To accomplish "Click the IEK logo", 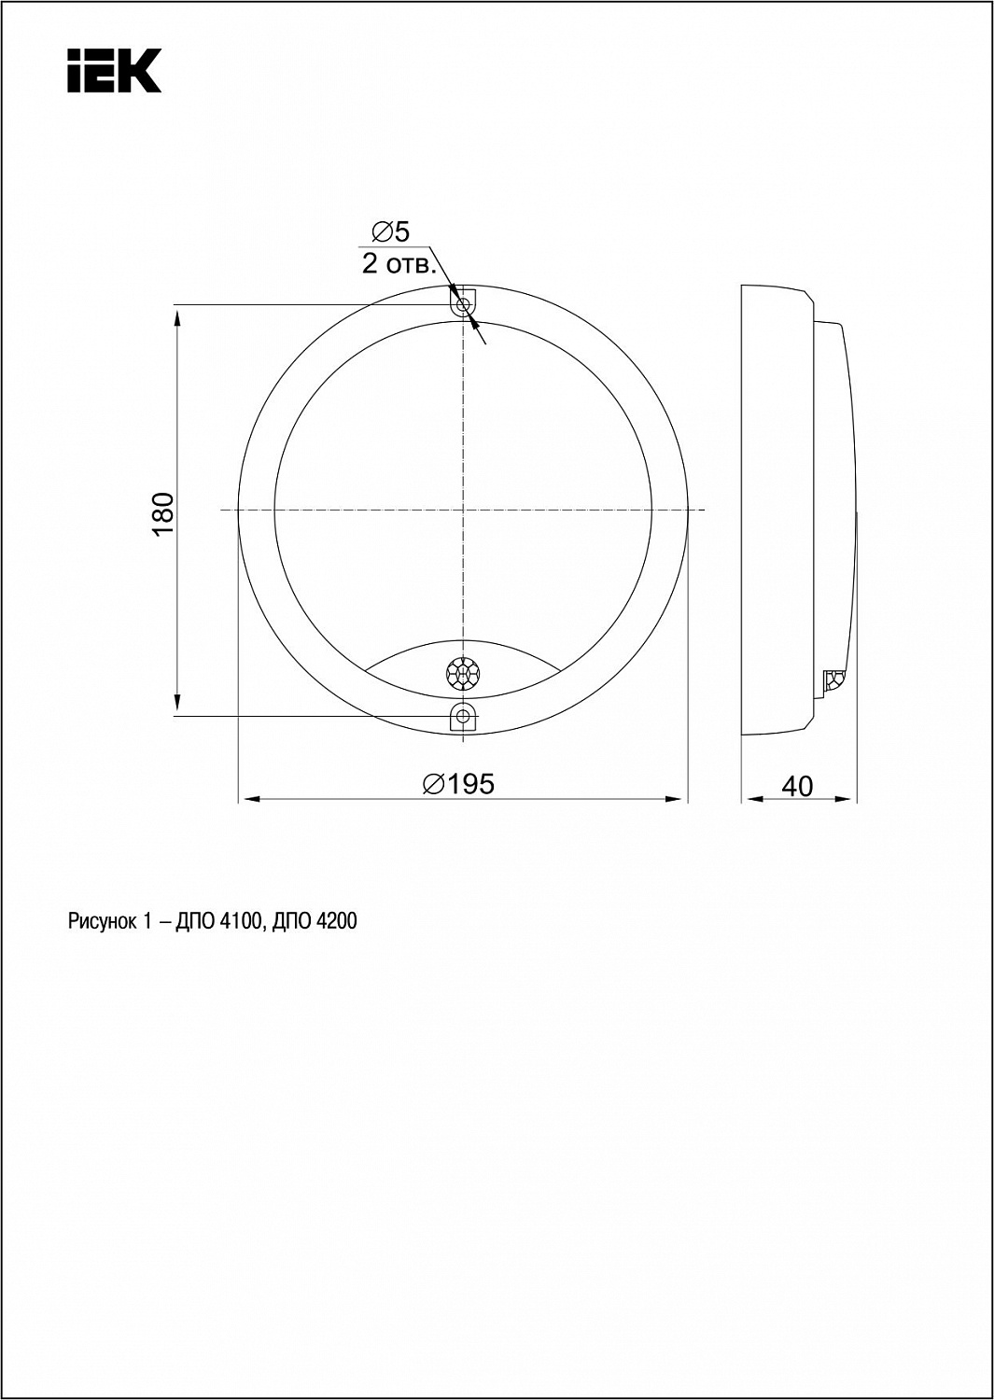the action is [115, 71].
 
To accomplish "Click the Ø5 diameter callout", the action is [391, 231].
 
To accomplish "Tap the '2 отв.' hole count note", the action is [399, 264].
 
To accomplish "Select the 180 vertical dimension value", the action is [163, 513].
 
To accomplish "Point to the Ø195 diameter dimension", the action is [458, 784].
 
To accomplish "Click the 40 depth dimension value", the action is [797, 787].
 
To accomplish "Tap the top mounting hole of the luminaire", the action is [463, 305].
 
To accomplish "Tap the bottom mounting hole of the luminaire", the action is [463, 716].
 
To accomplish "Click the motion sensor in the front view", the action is [463, 673].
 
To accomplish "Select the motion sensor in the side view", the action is [833, 679].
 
